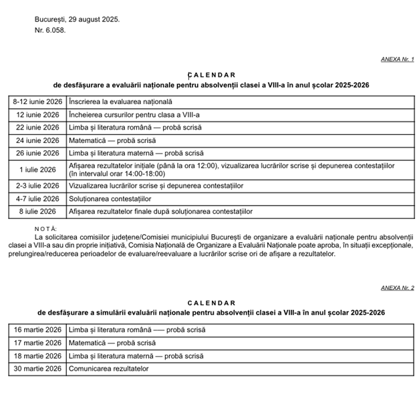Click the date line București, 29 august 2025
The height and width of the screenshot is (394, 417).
click(x=77, y=19)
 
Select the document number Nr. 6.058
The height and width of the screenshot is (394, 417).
click(x=50, y=31)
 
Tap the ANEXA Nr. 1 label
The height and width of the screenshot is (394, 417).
click(x=397, y=59)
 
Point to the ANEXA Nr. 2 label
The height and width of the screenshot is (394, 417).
click(x=397, y=288)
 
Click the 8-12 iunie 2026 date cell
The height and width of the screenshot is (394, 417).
click(x=37, y=102)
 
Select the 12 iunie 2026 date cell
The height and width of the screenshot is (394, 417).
click(x=37, y=114)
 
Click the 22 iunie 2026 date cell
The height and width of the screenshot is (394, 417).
click(x=37, y=127)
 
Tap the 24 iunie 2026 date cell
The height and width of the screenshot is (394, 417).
click(x=37, y=140)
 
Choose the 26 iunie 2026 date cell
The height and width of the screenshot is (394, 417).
click(x=37, y=153)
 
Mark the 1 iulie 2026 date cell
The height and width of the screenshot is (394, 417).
click(x=37, y=169)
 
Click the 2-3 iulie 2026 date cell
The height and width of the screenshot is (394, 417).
click(x=37, y=185)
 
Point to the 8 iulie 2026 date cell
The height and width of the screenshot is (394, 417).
click(x=37, y=211)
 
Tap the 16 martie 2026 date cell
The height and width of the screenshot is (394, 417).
click(x=37, y=329)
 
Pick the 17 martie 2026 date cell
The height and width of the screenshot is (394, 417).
click(x=37, y=343)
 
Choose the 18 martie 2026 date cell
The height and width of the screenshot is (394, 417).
click(x=37, y=355)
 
